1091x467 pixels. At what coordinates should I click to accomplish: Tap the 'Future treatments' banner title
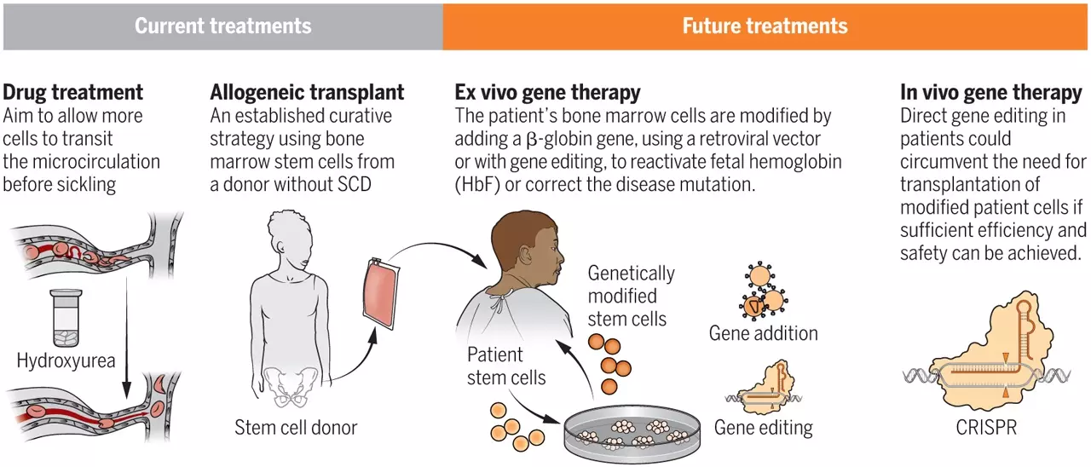765,26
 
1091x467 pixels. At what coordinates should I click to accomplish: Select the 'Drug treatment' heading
73,92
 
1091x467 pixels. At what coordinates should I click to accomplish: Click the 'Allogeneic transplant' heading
307,92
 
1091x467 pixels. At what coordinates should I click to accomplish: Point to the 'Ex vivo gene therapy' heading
548,92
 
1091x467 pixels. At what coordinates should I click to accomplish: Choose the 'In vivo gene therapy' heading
992,92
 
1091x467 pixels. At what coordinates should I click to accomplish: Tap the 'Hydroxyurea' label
66,361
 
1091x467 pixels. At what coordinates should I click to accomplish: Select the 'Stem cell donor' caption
296,427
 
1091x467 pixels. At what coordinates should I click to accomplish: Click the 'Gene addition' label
763,333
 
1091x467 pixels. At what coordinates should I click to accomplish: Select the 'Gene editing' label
763,427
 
